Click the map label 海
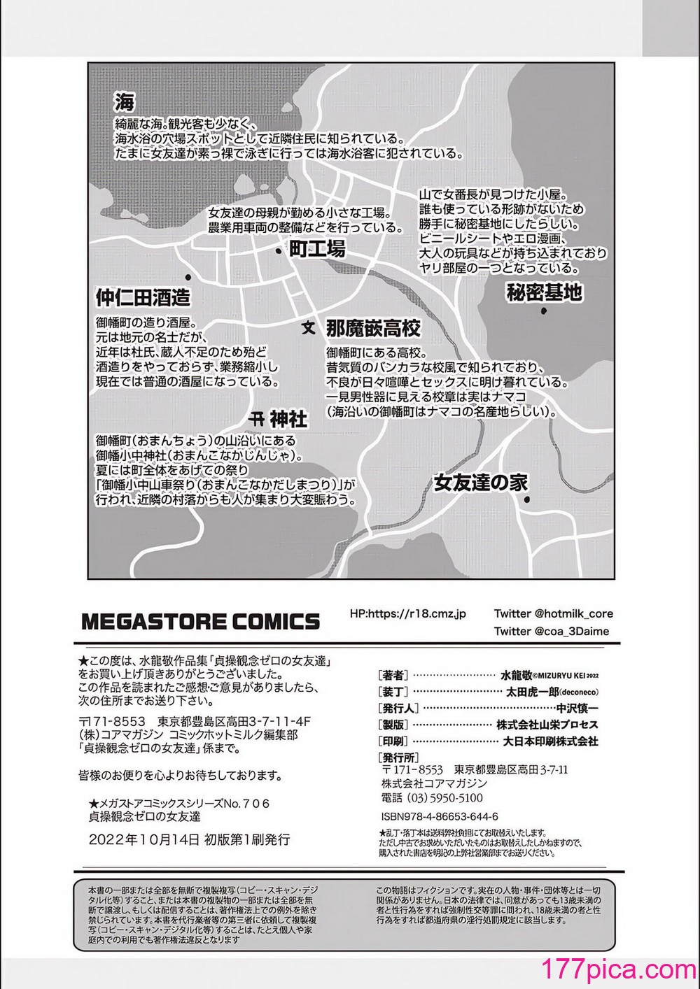pos(124,103)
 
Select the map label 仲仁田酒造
pos(143,298)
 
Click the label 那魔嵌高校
pos(372,327)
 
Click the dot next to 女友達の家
pos(527,499)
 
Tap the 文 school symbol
pos(308,327)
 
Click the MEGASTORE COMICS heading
pos(200,620)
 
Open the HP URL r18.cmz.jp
pos(407,613)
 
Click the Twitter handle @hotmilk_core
pos(553,613)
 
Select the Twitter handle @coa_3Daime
pos(551,631)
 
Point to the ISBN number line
pos(439,816)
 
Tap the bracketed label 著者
pos(392,676)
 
